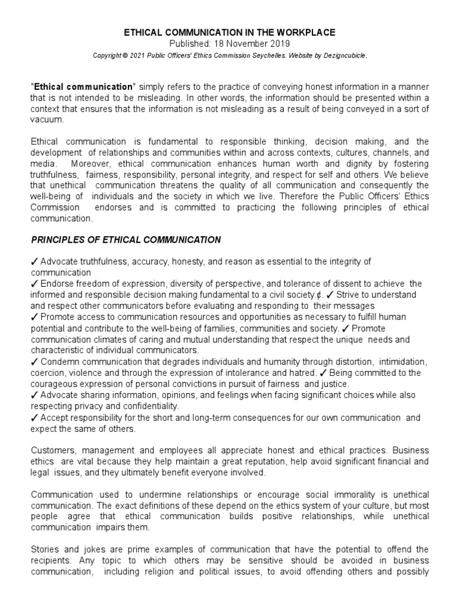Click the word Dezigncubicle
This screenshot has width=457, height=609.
343,55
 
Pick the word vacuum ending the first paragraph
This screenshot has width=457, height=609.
46,119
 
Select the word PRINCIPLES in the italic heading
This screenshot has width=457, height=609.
57,240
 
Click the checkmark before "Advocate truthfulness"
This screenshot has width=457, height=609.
34,262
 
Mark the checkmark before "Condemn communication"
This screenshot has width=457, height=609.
34,362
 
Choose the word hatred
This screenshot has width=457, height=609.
301,373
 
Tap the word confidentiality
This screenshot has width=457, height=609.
146,406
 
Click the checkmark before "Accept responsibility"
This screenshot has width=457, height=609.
34,417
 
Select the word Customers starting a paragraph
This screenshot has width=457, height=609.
53,451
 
